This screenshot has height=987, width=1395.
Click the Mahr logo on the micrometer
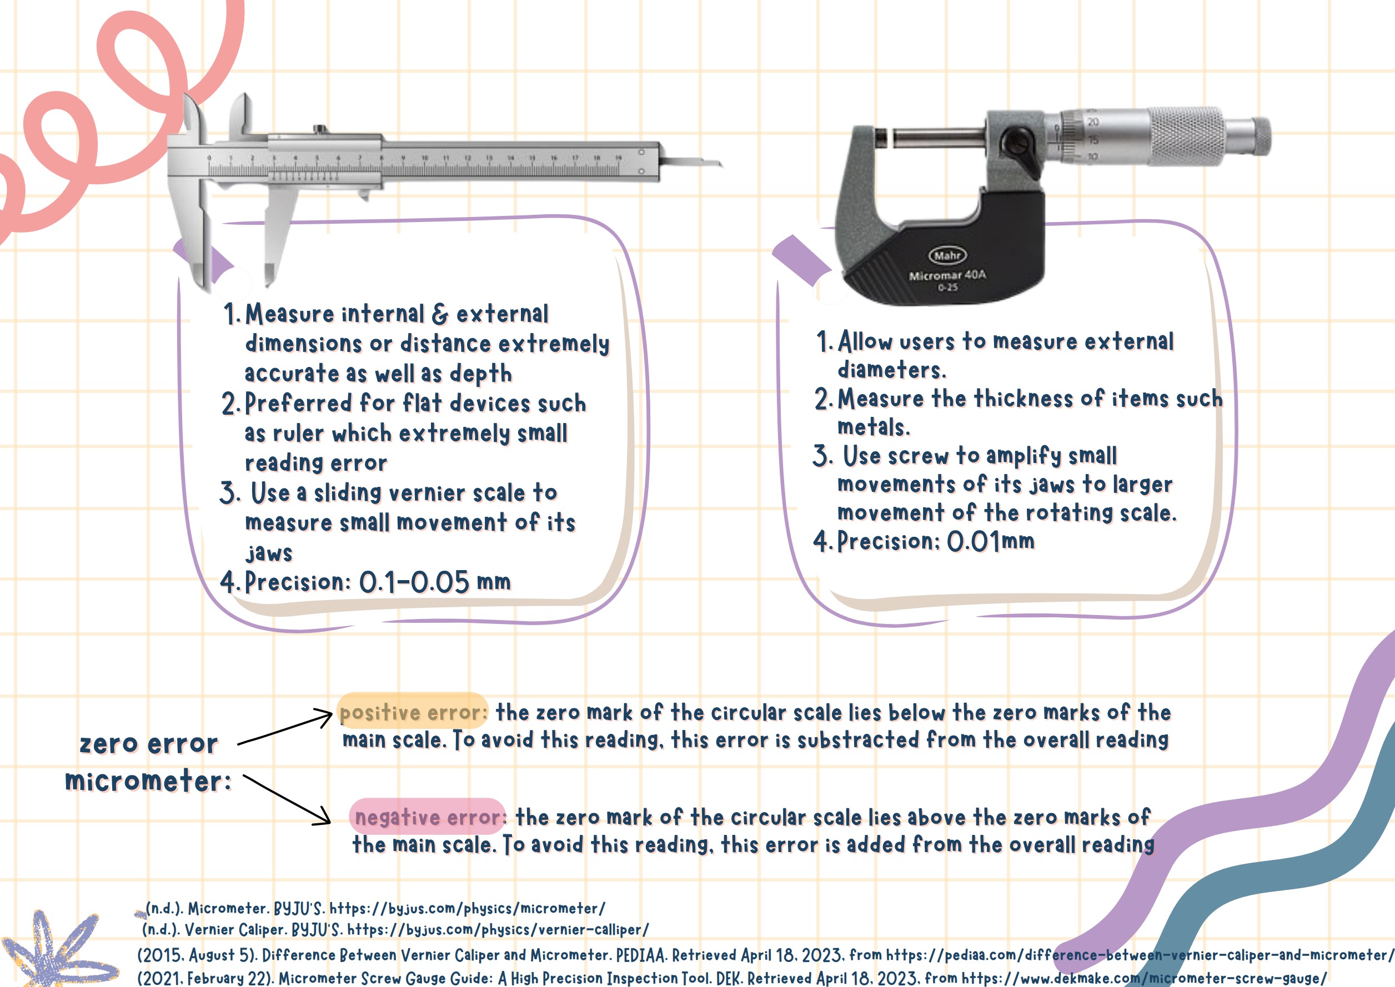pyautogui.click(x=947, y=255)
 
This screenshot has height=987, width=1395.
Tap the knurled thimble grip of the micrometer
pyautogui.click(x=1187, y=136)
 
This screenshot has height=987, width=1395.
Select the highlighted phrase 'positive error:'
pyautogui.click(x=413, y=712)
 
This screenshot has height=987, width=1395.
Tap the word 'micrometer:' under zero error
pyautogui.click(x=148, y=781)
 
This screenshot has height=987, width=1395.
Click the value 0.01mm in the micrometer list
pyautogui.click(x=991, y=541)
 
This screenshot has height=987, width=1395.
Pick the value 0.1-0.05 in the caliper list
pyautogui.click(x=414, y=582)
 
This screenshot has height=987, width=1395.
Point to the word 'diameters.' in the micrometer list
pyautogui.click(x=892, y=370)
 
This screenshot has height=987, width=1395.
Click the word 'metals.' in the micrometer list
pyautogui.click(x=874, y=427)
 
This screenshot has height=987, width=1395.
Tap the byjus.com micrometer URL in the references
pyautogui.click(x=467, y=909)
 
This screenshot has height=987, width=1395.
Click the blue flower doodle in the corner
pyautogui.click(x=58, y=951)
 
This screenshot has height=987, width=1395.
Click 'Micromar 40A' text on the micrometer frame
pyautogui.click(x=947, y=275)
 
